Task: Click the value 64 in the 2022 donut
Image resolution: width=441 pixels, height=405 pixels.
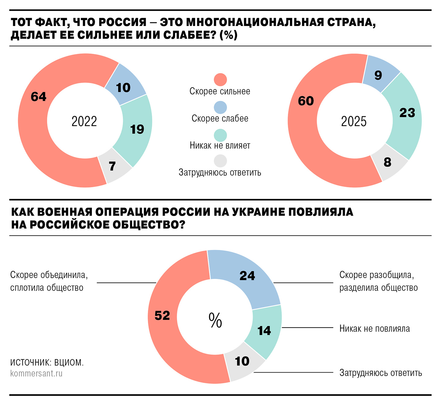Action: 39,97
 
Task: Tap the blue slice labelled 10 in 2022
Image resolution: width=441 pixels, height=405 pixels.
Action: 123,88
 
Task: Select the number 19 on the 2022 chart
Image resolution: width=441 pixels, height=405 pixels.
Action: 137,129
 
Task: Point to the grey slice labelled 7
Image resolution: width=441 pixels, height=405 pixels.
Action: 112,166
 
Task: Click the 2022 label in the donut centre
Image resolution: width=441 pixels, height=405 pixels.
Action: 84,121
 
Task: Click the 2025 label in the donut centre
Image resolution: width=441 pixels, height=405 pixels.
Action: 354,121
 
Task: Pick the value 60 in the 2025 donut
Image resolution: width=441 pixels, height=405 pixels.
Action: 306,101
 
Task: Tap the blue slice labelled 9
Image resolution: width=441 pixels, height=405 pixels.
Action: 378,75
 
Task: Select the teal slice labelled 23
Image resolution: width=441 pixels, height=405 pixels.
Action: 407,113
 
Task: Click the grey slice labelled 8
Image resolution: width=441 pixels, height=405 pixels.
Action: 387,162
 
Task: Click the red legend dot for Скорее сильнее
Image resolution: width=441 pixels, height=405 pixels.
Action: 220,80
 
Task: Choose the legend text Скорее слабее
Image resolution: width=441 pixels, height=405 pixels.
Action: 220,118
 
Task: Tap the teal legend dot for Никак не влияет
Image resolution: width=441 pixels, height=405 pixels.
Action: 220,135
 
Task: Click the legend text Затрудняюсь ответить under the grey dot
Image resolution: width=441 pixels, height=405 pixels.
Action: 220,173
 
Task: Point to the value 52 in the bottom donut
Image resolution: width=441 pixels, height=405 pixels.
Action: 162,315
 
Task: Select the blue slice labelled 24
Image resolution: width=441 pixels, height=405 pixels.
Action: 247,276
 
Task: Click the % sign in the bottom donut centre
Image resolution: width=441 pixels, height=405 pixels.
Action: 215,320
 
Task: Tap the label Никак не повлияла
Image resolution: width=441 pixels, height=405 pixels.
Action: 375,329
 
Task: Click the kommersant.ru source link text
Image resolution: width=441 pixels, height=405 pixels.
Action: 36,373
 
